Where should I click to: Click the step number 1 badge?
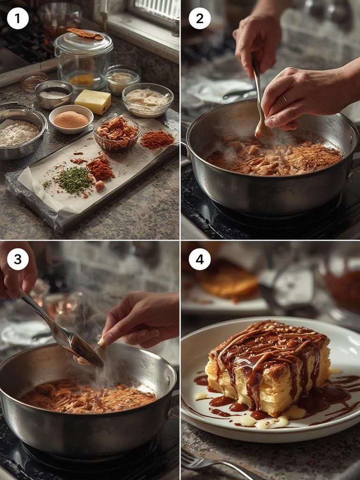click(18, 18)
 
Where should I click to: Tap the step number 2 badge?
click(200, 18)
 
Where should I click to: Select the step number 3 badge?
click(18, 259)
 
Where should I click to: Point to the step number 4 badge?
click(200, 259)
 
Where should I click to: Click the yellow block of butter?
click(93, 101)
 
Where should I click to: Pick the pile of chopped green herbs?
click(75, 180)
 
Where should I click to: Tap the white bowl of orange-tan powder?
click(71, 119)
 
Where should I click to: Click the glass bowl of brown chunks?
click(117, 134)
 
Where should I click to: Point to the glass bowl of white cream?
click(148, 100)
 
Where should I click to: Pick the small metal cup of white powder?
click(54, 95)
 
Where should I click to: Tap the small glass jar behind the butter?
click(121, 79)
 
